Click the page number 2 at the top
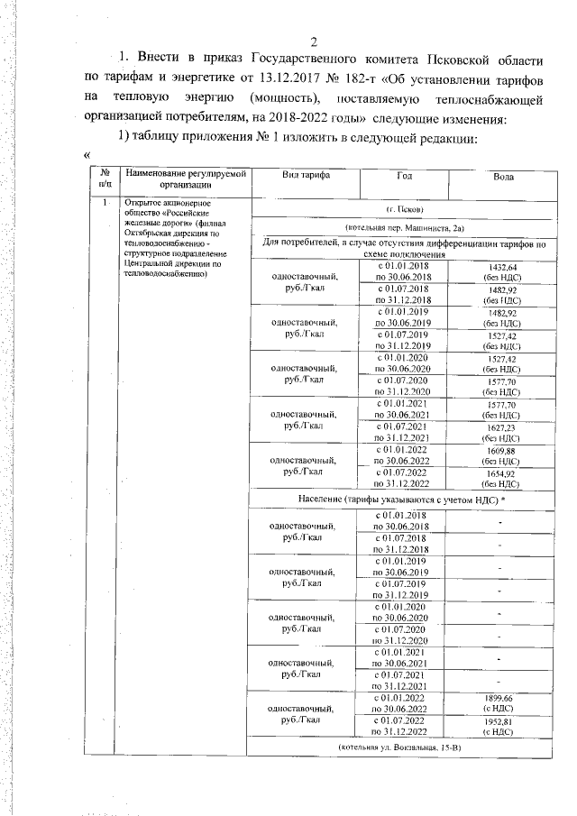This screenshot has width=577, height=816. pos(315,41)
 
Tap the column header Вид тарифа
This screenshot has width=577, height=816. pos(305,177)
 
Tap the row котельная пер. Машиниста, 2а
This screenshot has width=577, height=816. pos(403,230)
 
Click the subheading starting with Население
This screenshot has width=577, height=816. pos(403,499)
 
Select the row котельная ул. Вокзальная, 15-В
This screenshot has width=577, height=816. pos(403,748)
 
